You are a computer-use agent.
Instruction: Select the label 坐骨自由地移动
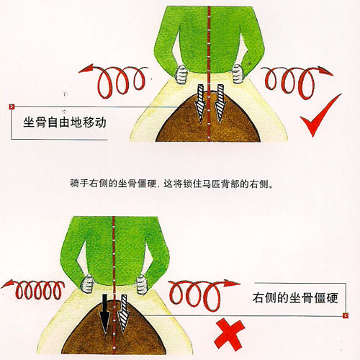point(65,122)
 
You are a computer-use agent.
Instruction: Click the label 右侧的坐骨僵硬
point(295,298)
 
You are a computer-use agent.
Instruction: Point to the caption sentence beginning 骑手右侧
point(172,184)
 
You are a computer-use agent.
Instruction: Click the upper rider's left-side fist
point(181,74)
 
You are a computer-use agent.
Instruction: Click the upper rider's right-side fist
point(238,73)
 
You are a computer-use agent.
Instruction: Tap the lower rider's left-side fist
point(87,284)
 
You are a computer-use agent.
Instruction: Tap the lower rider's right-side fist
point(143,284)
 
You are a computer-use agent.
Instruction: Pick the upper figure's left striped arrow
point(200,104)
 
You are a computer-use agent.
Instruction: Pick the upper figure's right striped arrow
point(220,103)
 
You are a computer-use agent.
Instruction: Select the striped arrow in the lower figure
point(124,314)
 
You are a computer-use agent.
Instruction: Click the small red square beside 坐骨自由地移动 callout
point(12,107)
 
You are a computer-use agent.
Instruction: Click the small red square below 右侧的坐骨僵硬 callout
point(346,315)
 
